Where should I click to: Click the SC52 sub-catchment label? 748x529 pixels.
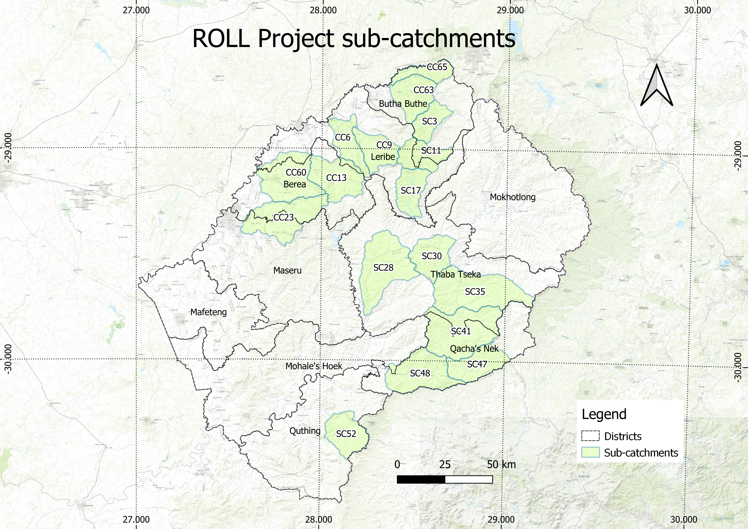point(346,434)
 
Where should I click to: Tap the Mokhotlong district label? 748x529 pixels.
point(513,197)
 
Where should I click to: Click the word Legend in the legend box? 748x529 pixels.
point(604,414)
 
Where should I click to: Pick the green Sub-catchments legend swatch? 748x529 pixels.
point(590,452)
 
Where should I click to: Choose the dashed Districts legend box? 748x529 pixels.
point(590,436)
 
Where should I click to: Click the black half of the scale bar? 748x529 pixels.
point(421,479)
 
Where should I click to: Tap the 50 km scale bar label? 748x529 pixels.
point(501,465)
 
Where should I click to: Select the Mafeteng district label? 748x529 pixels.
point(209,312)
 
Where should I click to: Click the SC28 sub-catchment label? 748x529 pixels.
point(383,268)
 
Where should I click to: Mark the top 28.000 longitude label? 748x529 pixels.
point(323,10)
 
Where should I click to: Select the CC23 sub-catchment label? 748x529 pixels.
point(283,217)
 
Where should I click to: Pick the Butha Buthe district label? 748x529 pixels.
point(403,104)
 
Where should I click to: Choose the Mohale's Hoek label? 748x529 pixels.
point(314,366)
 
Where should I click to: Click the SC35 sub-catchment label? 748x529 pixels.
point(475,292)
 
